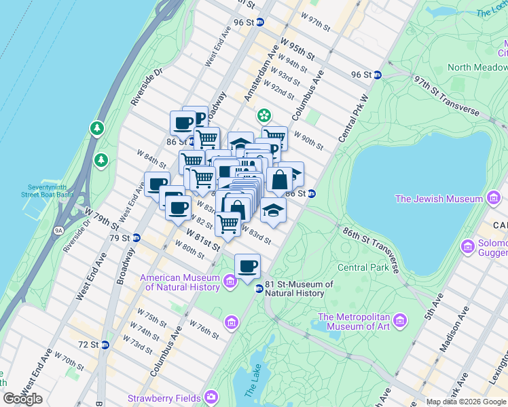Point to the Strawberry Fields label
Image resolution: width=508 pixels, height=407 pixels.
coord(165,398)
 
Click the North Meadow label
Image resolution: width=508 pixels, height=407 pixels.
coord(477,67)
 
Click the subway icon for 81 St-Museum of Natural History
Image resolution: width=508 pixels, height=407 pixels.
coord(259,289)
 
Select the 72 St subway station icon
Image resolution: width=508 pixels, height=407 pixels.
coord(105,345)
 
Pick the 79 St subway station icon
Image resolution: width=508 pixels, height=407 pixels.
coord(136,237)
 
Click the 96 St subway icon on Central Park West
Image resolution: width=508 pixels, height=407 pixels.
coord(378,75)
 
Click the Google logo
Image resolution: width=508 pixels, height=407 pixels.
coord(23,399)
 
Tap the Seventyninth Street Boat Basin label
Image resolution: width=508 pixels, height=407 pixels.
coord(51,191)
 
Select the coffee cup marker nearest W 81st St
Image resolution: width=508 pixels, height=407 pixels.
coord(247,266)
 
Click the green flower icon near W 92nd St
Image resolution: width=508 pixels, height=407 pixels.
coord(264,117)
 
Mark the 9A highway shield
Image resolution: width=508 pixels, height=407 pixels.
coord(58,231)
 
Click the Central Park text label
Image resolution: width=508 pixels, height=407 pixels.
coord(362,267)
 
